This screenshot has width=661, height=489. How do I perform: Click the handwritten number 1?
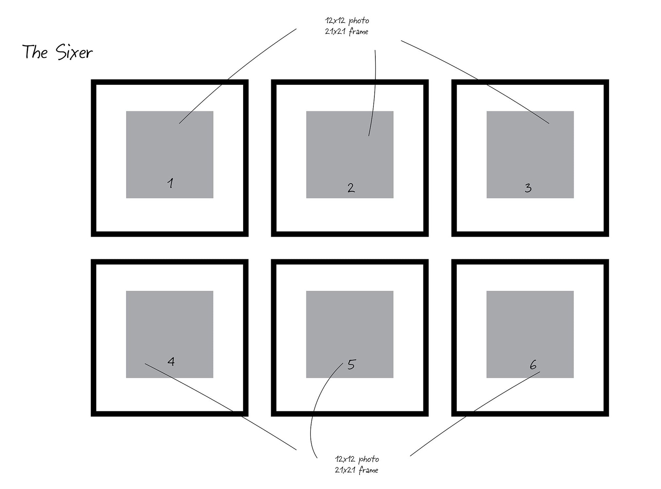pyautogui.click(x=171, y=183)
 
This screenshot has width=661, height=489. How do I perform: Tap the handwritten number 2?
pyautogui.click(x=351, y=188)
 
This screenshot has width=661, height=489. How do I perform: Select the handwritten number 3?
pyautogui.click(x=528, y=188)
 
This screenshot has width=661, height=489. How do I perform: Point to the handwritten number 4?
pyautogui.click(x=171, y=361)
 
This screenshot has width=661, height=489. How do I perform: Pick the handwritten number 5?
pyautogui.click(x=351, y=365)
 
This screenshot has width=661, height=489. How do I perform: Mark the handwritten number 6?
pyautogui.click(x=533, y=365)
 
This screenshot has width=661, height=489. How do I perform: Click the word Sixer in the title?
pyautogui.click(x=74, y=53)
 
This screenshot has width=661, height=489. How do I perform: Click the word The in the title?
pyautogui.click(x=35, y=52)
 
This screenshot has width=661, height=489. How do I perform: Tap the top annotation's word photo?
pyautogui.click(x=359, y=21)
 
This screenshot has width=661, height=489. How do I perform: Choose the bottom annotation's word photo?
pyautogui.click(x=369, y=459)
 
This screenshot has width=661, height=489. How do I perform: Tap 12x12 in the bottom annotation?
pyautogui.click(x=345, y=459)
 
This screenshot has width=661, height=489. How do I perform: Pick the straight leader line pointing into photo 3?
pyautogui.click(x=476, y=78)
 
